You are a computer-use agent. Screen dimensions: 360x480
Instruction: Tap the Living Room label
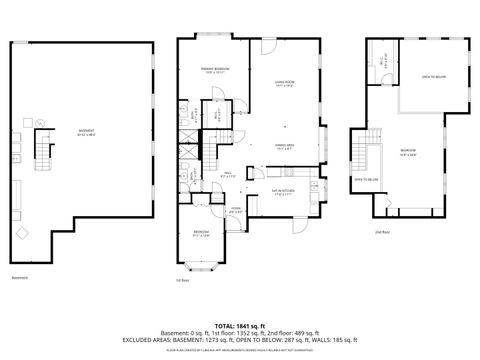(285, 83)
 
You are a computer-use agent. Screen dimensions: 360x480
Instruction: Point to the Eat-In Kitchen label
(283, 193)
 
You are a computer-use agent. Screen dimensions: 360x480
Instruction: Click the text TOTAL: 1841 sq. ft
(240, 326)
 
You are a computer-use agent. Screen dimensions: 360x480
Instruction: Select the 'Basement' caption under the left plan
(20, 278)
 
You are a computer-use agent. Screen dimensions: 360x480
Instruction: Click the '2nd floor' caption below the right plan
(382, 231)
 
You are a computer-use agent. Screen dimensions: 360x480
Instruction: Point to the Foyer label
(235, 210)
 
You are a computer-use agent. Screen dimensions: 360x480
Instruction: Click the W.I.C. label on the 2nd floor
(382, 60)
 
